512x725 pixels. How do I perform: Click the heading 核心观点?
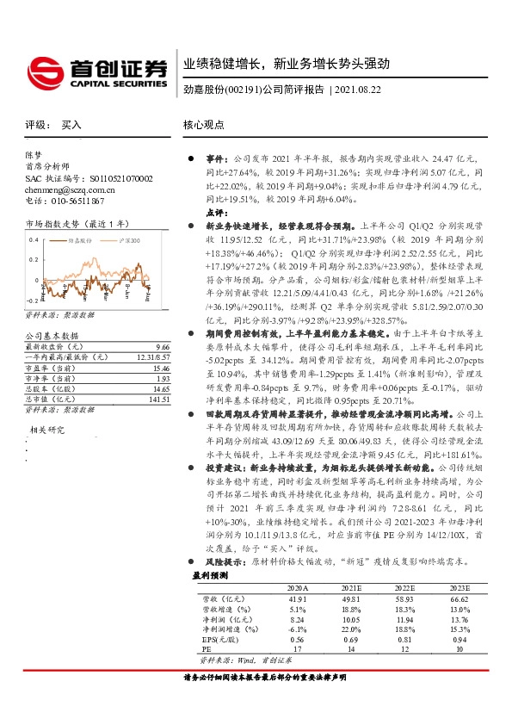tap(204, 125)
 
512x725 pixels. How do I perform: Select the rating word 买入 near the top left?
tap(71, 125)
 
